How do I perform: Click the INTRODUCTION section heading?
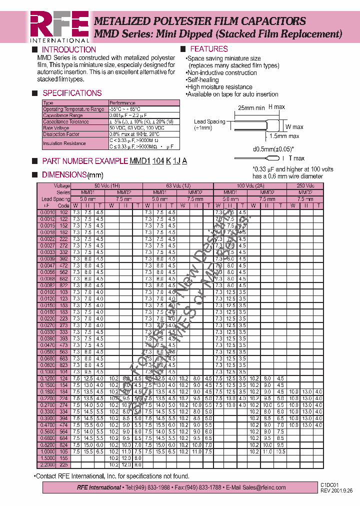68,49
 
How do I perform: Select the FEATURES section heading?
209,49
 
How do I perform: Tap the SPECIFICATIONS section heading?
72,93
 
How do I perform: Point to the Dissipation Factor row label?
61,134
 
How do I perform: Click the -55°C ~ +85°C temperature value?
124,109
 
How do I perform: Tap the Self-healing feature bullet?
202,80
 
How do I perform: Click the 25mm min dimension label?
251,107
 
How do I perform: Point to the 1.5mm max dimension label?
284,136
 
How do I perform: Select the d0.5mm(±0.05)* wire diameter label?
273,149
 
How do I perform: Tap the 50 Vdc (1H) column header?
107,185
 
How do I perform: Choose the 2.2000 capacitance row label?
46,464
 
